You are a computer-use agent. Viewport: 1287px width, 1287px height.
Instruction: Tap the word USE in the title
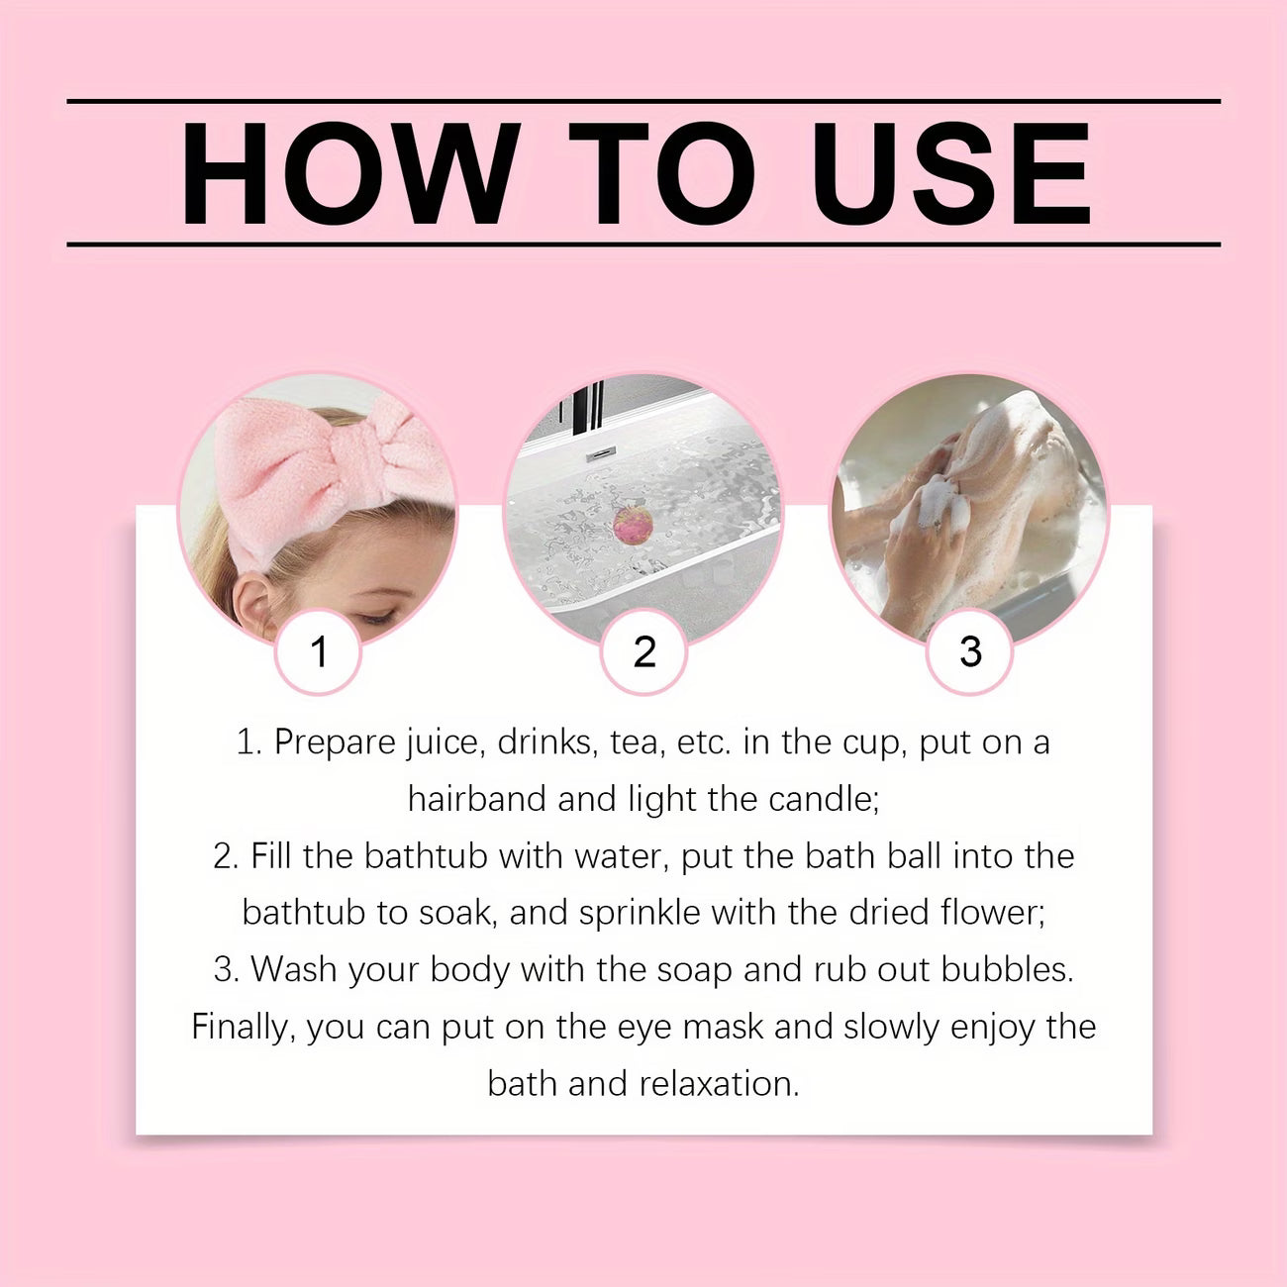pyautogui.click(x=950, y=174)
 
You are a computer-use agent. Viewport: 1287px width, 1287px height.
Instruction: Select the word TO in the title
pyautogui.click(x=660, y=174)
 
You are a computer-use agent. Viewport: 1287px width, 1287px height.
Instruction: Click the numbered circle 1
pyautogui.click(x=318, y=651)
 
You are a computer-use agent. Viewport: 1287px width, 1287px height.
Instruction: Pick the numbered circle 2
pyautogui.click(x=643, y=651)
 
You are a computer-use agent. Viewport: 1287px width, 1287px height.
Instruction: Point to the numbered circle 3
pyautogui.click(x=970, y=651)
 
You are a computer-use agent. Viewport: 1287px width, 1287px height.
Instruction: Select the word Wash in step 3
pyautogui.click(x=291, y=969)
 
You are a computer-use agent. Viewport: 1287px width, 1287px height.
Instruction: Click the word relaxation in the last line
pyautogui.click(x=719, y=1083)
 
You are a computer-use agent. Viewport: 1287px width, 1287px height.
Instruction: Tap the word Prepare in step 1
pyautogui.click(x=335, y=742)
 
